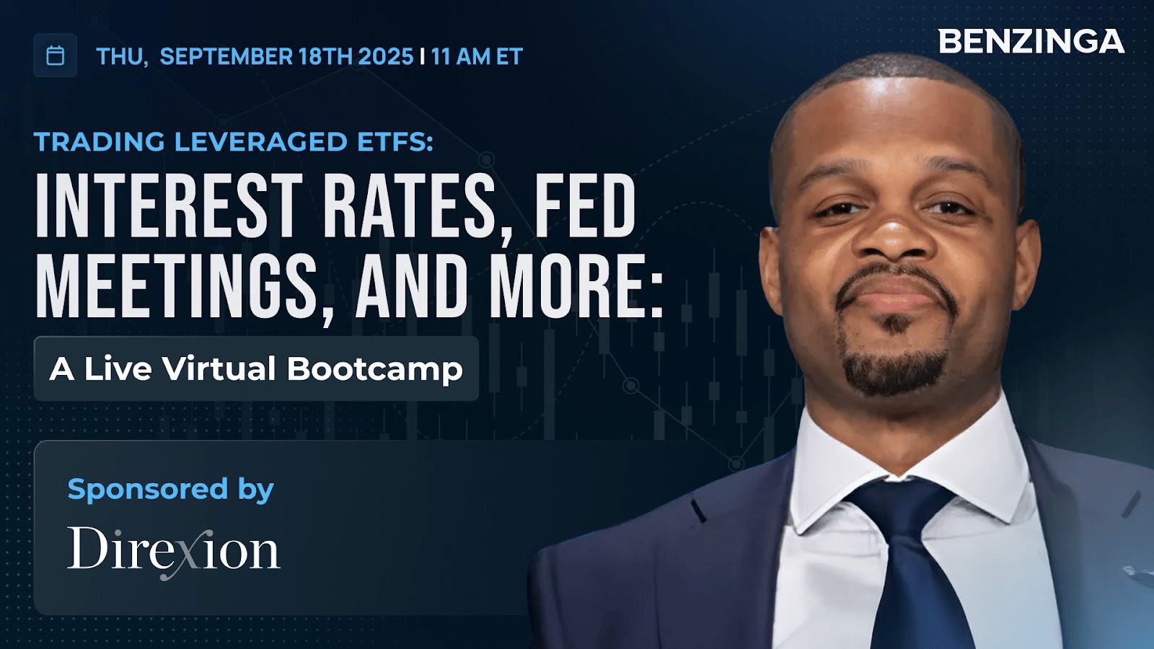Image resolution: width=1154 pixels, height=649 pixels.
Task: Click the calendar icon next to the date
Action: [x=55, y=56]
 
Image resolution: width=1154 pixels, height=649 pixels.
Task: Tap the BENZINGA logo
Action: [x=1031, y=41]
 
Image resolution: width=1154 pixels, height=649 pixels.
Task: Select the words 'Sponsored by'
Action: [x=170, y=490]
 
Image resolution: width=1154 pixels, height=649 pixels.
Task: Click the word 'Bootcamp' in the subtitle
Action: [x=374, y=369]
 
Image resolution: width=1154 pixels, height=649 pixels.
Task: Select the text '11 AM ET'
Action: [x=477, y=57]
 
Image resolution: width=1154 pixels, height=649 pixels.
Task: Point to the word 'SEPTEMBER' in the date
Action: [x=226, y=57]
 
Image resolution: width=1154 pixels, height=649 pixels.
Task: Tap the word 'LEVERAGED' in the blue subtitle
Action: [x=261, y=142]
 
